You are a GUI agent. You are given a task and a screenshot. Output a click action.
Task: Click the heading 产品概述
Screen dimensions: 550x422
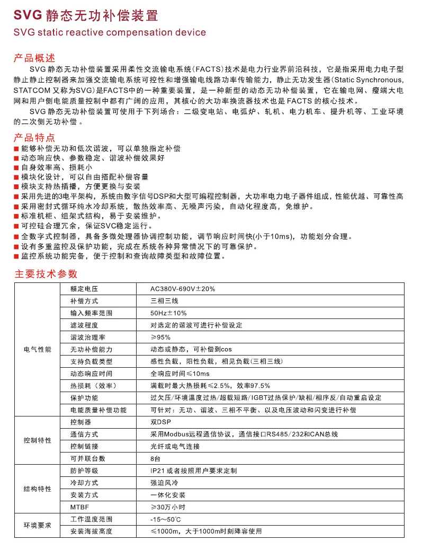[x=34, y=58]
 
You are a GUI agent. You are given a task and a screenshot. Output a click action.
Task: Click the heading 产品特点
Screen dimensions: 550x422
[x=34, y=137]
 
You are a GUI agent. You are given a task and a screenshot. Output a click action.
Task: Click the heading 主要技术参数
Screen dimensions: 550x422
[x=46, y=274]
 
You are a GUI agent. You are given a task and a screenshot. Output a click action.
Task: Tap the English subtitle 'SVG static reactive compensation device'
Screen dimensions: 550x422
[x=110, y=33]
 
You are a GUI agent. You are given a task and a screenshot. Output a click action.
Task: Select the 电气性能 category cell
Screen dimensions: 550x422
[x=38, y=350]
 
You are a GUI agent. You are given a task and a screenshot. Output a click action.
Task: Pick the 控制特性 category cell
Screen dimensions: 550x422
[x=38, y=440]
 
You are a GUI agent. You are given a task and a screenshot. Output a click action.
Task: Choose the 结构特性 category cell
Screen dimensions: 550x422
[x=38, y=489]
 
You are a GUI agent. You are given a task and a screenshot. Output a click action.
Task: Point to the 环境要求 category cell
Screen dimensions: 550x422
[x=38, y=525]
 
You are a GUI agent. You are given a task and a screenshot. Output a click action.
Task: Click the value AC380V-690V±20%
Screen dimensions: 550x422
[x=183, y=289]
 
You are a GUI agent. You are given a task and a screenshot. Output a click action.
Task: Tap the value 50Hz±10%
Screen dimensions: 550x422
[x=168, y=313]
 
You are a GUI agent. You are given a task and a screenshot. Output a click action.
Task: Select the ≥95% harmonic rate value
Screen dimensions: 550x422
[x=160, y=337]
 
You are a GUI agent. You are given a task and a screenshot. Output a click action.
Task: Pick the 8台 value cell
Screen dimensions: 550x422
[x=155, y=458]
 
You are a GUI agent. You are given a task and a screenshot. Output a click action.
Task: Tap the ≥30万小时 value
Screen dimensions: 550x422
[x=169, y=507]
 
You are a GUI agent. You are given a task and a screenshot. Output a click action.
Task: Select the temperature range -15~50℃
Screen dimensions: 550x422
[x=166, y=519]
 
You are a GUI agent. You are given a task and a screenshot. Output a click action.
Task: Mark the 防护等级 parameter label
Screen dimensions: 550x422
[x=84, y=471]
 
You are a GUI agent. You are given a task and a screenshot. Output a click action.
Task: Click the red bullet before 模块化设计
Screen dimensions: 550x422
[x=16, y=177]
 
